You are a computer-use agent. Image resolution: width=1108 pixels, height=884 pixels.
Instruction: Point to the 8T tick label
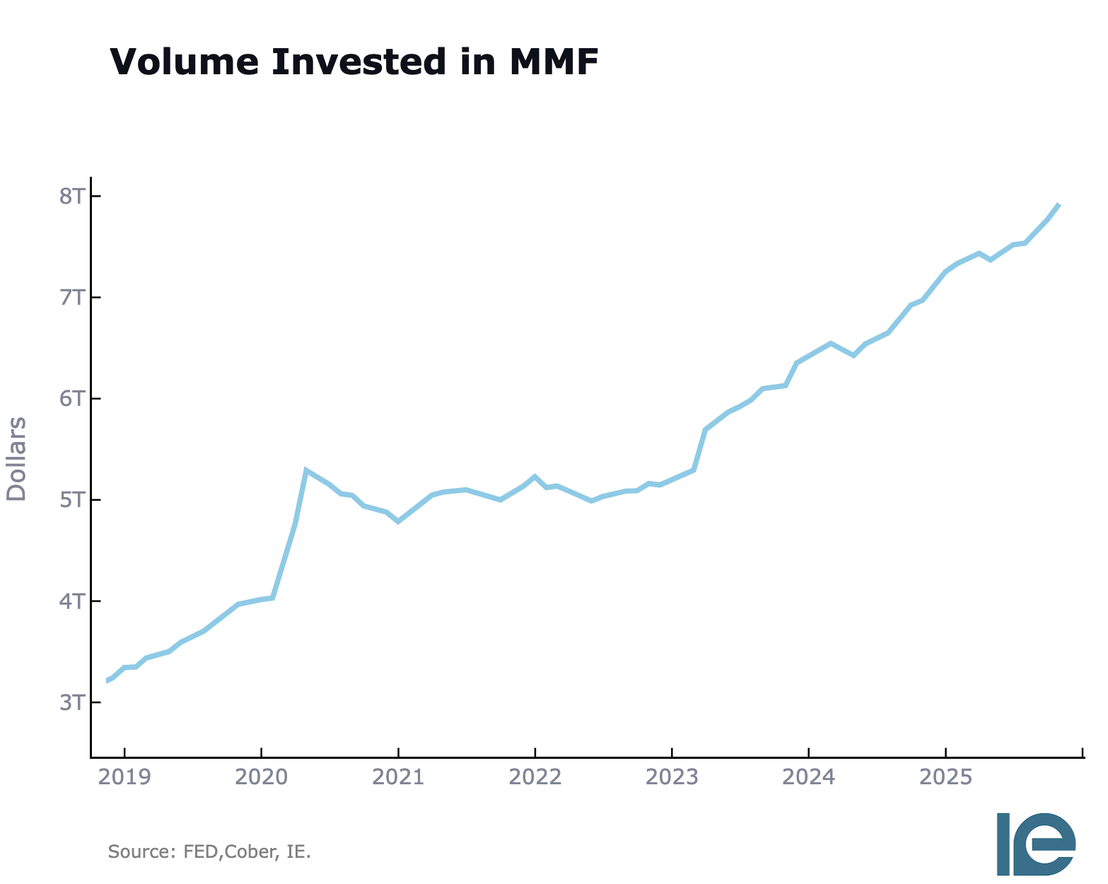click(x=71, y=196)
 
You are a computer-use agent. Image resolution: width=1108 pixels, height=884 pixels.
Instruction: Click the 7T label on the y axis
click(x=71, y=297)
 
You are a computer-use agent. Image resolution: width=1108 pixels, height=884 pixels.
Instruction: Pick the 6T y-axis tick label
click(x=71, y=398)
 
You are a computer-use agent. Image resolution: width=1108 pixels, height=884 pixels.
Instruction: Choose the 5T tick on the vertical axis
click(x=71, y=500)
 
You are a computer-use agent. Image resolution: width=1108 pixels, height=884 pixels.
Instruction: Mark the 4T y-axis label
click(x=71, y=601)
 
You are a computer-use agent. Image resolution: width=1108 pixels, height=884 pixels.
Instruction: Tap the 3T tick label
click(x=71, y=702)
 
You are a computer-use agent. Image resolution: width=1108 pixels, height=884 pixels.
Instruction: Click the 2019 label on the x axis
click(x=124, y=777)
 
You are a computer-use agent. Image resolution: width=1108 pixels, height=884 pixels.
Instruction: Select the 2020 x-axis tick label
click(x=262, y=777)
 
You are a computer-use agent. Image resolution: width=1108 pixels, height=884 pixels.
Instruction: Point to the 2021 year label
click(x=398, y=777)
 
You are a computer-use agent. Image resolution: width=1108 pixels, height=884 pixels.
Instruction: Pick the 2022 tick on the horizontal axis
click(x=535, y=777)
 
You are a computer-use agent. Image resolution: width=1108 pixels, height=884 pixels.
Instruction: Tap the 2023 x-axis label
click(x=672, y=777)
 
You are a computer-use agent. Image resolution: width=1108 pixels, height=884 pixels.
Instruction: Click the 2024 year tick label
click(x=809, y=777)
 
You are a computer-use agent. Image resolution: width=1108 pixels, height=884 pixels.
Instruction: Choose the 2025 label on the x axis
click(x=945, y=777)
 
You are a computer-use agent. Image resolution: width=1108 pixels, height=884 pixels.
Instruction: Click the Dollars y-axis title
click(x=16, y=459)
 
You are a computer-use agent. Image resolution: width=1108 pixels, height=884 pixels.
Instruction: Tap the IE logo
click(x=1036, y=844)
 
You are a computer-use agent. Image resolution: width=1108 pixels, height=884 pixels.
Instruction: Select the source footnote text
click(x=209, y=851)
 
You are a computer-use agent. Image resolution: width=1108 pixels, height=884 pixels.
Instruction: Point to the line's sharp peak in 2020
click(x=306, y=470)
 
